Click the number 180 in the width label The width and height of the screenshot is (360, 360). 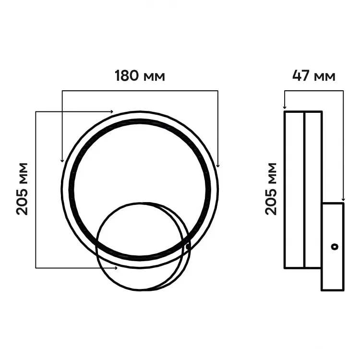(x=127, y=75)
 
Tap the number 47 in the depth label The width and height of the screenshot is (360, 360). (x=301, y=75)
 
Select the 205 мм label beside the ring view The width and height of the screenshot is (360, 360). (x=22, y=189)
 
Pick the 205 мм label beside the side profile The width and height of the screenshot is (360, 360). (x=271, y=189)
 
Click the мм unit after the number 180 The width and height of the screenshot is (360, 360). (x=154, y=77)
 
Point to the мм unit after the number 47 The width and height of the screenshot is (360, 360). (x=324, y=77)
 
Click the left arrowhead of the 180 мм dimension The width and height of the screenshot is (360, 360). (x=62, y=160)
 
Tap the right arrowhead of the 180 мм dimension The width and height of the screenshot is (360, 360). (x=218, y=165)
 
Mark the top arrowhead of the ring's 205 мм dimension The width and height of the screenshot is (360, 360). (x=111, y=112)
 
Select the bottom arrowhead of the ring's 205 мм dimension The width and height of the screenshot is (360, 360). (x=116, y=268)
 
